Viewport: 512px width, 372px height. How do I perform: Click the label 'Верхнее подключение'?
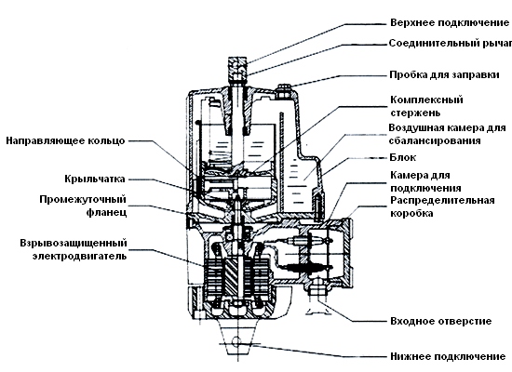click(x=450, y=23)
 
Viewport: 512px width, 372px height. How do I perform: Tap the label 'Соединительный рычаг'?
click(x=451, y=43)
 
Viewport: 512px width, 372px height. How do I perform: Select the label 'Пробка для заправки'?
click(x=444, y=75)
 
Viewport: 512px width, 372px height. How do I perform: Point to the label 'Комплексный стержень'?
click(x=426, y=106)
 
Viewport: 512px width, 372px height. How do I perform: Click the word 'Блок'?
click(x=403, y=157)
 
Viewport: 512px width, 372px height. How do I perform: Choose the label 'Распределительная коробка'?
click(x=442, y=206)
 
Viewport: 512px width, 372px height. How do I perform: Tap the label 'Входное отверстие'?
click(x=441, y=321)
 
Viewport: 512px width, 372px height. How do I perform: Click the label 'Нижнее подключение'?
click(x=448, y=356)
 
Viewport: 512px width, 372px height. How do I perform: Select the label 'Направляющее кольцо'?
click(x=65, y=140)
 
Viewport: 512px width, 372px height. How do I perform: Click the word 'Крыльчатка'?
click(x=95, y=179)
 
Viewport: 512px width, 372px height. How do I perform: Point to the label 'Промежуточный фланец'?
click(x=83, y=206)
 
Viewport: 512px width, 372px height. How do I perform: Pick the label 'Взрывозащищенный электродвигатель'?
click(x=74, y=249)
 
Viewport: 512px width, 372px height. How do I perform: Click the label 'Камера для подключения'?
click(x=425, y=181)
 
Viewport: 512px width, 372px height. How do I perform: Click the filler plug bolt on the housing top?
click(x=282, y=91)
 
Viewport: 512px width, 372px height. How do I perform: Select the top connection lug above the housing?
click(x=237, y=69)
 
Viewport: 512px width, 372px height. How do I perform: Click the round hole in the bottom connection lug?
click(x=236, y=342)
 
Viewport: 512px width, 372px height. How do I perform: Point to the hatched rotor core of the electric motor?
click(x=231, y=275)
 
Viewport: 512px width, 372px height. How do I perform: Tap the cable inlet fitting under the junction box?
click(x=317, y=289)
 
